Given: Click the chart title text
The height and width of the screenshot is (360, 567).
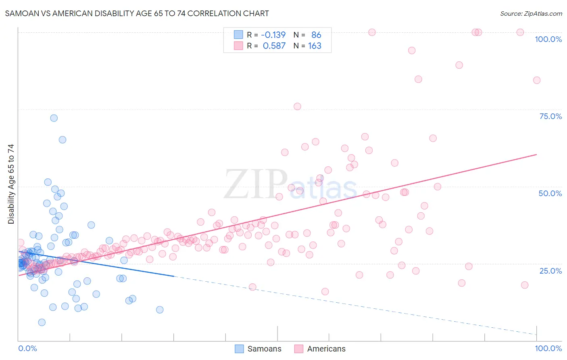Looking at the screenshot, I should click(137, 13).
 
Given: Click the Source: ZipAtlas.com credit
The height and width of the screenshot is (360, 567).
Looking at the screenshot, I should click(531, 13).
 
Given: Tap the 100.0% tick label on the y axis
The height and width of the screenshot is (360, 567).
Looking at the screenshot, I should click(548, 39).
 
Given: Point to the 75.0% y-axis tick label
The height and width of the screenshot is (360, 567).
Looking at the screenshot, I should click(550, 116).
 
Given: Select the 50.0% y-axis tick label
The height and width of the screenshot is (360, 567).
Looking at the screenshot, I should click(550, 193).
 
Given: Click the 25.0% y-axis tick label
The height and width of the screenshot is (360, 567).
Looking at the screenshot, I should click(550, 270).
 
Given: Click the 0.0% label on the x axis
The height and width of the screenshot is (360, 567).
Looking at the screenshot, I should click(27, 348).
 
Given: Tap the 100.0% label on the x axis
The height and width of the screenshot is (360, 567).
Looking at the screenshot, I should click(548, 348).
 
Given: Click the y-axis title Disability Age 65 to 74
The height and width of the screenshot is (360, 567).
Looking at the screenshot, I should click(11, 184).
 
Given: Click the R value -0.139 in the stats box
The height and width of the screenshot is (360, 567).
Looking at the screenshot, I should click(273, 35).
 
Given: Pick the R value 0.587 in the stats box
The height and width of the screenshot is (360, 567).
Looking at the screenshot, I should click(274, 46).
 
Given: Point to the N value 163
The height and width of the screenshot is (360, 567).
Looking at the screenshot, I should click(315, 46).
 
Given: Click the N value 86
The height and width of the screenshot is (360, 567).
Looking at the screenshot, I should click(316, 35).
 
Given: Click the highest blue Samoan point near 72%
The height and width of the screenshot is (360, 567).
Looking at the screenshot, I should click(54, 118).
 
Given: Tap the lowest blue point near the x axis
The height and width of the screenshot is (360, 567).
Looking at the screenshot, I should click(42, 322).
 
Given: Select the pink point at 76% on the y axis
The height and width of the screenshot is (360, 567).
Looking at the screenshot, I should click(297, 107).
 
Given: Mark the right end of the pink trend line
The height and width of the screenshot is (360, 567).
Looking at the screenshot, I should click(536, 155).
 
